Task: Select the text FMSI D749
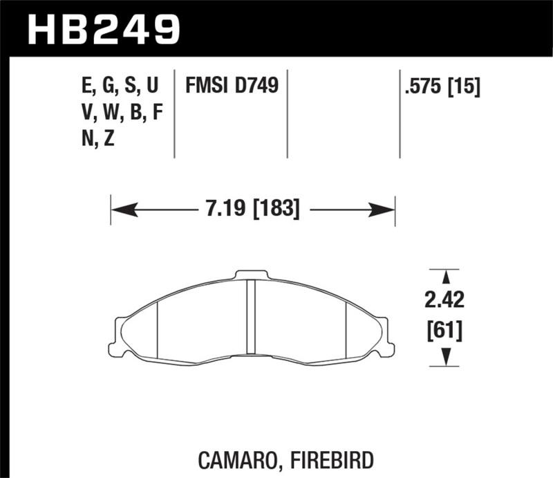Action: (x=231, y=86)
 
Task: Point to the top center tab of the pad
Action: (x=252, y=275)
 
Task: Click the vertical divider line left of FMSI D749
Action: (x=174, y=114)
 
